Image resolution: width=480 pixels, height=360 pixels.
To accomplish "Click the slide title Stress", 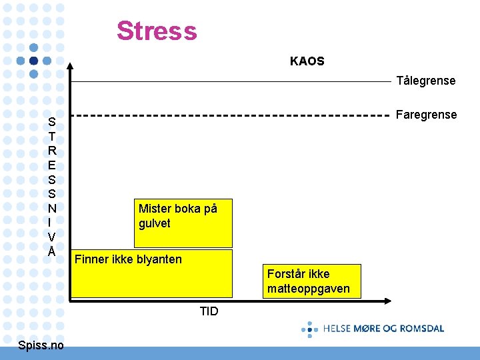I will point(157,31).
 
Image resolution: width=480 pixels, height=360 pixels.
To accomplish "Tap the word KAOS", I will point(307,61).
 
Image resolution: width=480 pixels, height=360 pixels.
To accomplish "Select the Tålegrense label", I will point(426,81).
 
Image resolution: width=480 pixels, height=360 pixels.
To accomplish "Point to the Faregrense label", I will point(427,115).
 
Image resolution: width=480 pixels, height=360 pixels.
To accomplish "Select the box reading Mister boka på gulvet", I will point(185,223).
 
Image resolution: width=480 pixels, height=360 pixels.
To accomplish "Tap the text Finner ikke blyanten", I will point(128,259).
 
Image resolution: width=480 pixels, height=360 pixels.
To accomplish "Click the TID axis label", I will point(209,311).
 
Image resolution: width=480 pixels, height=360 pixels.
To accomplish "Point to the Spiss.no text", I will point(41,345).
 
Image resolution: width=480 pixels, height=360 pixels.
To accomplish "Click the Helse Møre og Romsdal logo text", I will point(383,328).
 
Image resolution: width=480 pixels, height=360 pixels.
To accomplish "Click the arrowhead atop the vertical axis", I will point(71,65).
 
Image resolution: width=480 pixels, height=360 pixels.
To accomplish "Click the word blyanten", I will point(159,259).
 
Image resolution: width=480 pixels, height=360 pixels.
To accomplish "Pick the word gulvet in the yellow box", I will point(155,223).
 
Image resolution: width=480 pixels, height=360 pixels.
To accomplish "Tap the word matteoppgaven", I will point(308,289).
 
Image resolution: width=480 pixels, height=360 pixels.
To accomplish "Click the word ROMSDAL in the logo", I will point(421,328).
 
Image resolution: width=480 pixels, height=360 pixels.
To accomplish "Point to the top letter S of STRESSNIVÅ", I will point(51,122).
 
